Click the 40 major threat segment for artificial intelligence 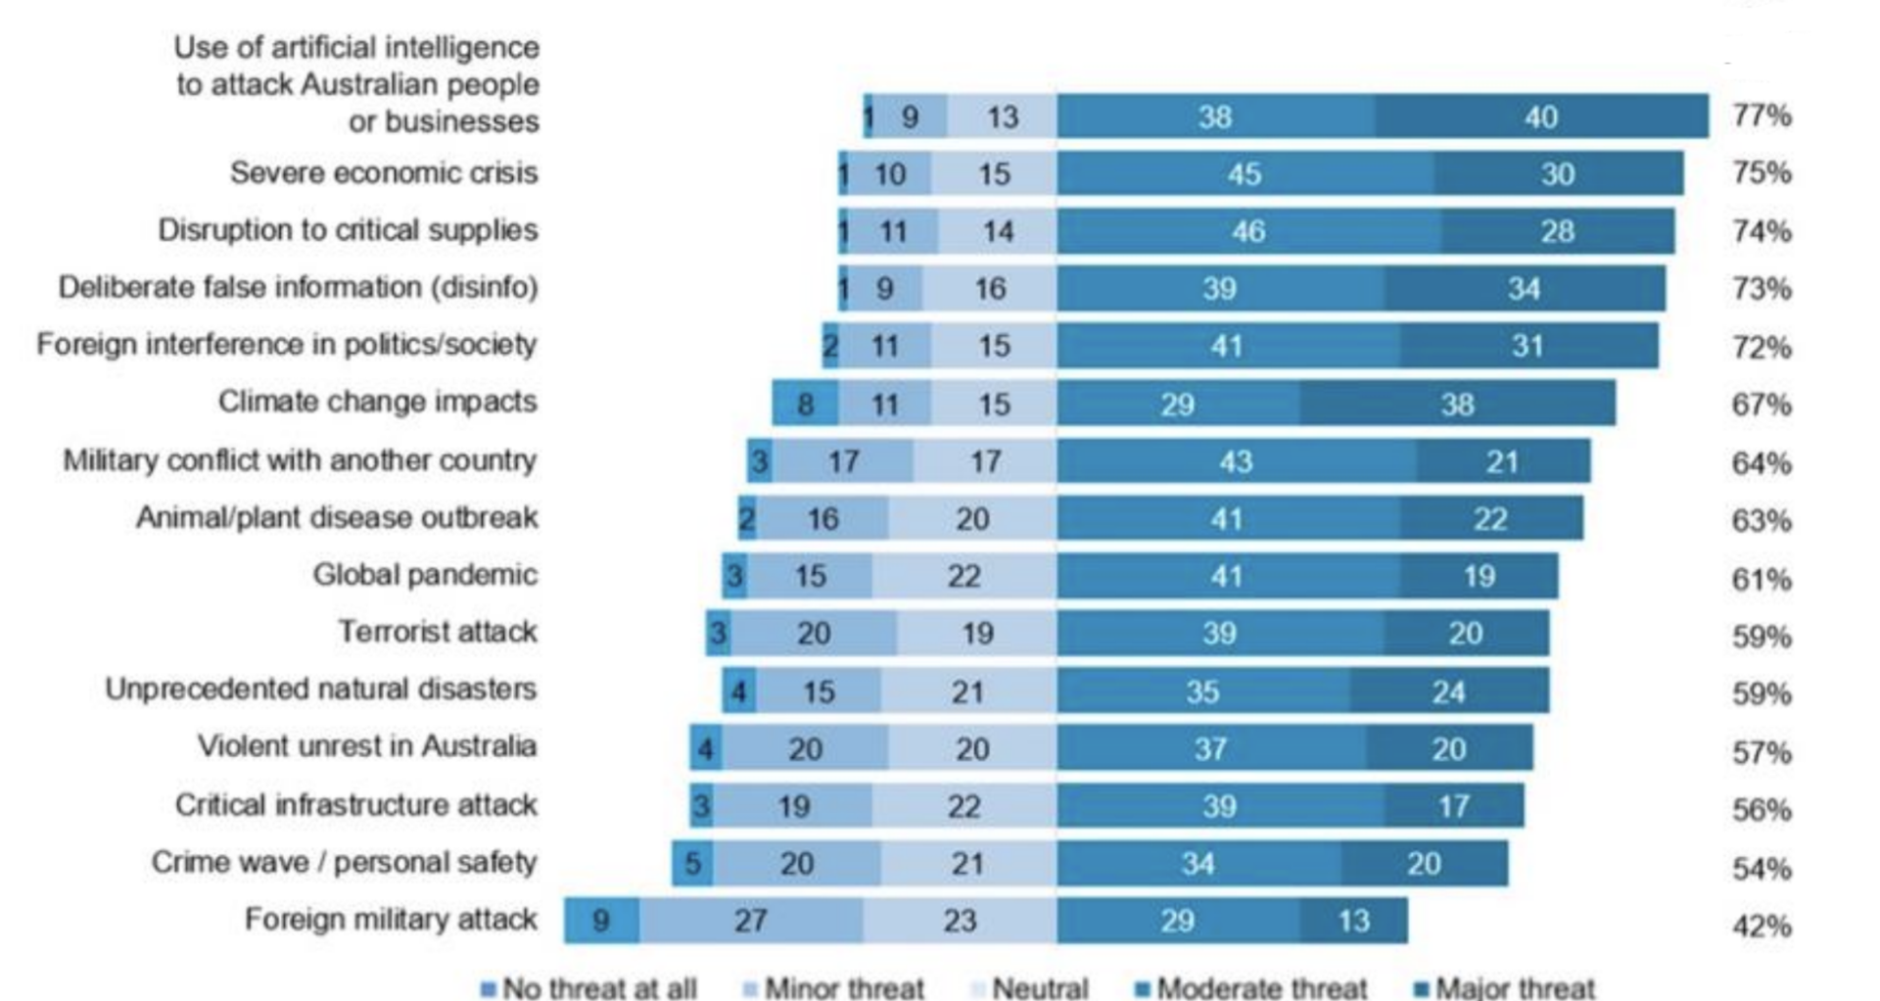pyautogui.click(x=1541, y=117)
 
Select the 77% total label pyautogui.click(x=1762, y=116)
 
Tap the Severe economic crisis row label pyautogui.click(x=384, y=173)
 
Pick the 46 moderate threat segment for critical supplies pyautogui.click(x=1247, y=231)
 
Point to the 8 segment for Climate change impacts pyautogui.click(x=805, y=404)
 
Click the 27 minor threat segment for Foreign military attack pyautogui.click(x=751, y=921)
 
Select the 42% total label pyautogui.click(x=1762, y=926)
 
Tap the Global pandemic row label pyautogui.click(x=425, y=575)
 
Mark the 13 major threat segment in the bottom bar pyautogui.click(x=1354, y=921)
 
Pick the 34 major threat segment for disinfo pyautogui.click(x=1524, y=289)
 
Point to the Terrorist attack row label pyautogui.click(x=438, y=632)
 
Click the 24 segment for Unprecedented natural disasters pyautogui.click(x=1448, y=691)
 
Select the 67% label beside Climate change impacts pyautogui.click(x=1762, y=405)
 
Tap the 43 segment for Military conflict pyautogui.click(x=1236, y=461)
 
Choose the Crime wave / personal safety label pyautogui.click(x=344, y=863)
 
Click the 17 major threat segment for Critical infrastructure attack pyautogui.click(x=1453, y=806)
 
